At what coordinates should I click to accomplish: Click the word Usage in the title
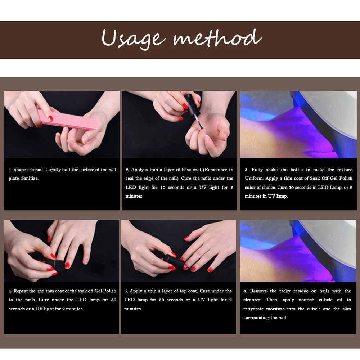coord(134,39)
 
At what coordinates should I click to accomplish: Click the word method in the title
coord(217,38)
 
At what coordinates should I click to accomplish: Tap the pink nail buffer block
coord(68,120)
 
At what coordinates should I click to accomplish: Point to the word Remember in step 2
coord(215,170)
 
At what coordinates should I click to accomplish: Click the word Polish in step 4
coord(110,291)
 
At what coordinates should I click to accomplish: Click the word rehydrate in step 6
coord(253,309)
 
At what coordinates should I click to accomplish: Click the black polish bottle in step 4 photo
coord(54,265)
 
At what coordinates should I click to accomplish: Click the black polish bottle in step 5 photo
coord(174,261)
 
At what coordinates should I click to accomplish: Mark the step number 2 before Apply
coord(127,170)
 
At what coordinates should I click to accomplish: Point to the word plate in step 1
coord(14,179)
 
